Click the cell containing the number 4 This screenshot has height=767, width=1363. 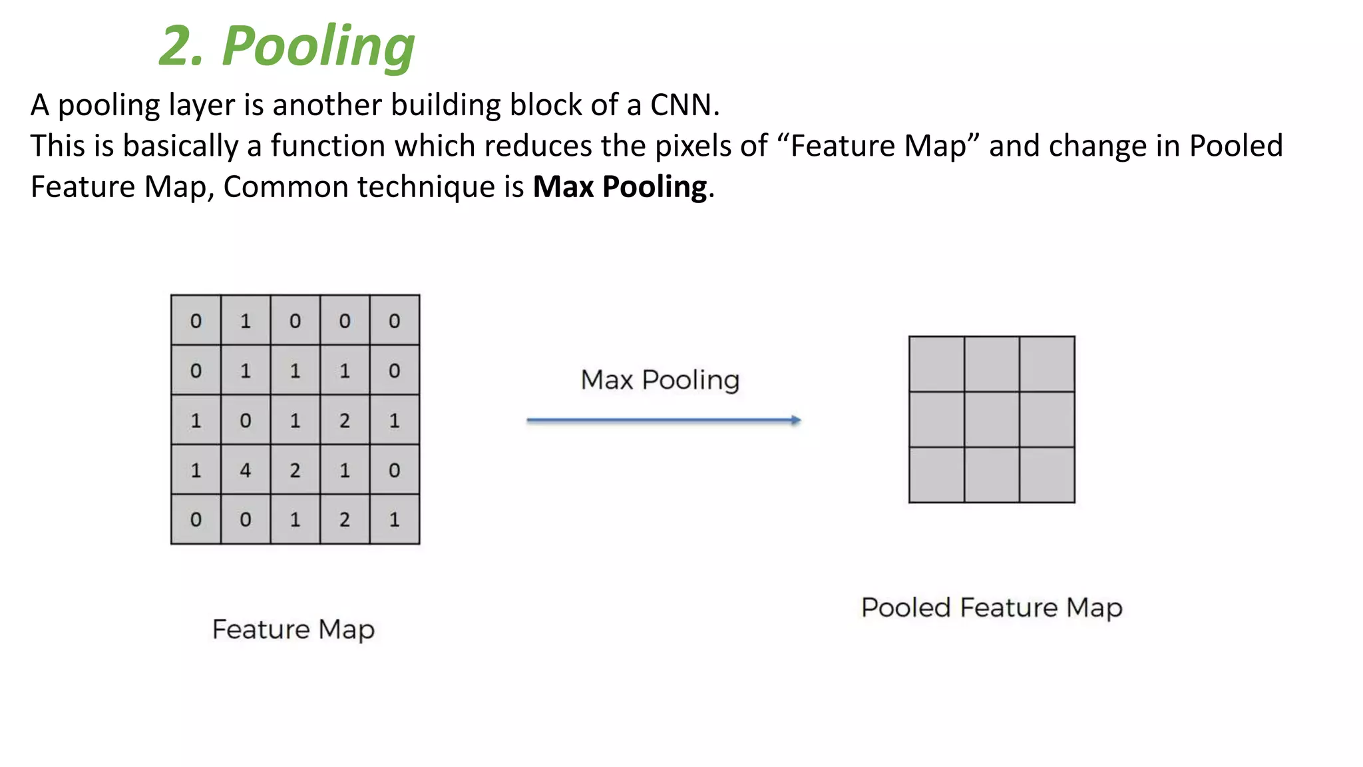point(246,470)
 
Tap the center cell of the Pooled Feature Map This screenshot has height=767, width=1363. point(992,419)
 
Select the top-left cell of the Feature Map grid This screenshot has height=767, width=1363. point(196,321)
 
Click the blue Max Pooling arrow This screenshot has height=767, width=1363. point(663,420)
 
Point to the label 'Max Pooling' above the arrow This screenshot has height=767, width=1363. point(660,380)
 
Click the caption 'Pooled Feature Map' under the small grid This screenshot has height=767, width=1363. point(992,608)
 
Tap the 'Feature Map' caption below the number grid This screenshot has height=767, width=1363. point(293,630)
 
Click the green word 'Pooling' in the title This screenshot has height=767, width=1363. point(318,47)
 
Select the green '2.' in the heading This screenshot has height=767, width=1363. point(180,47)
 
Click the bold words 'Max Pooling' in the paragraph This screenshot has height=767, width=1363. point(620,187)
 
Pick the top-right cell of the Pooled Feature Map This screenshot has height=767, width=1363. point(1047,364)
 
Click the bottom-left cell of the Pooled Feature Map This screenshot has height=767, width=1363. point(936,475)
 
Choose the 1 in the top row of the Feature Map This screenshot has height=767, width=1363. point(246,321)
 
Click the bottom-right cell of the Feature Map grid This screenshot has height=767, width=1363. point(395,519)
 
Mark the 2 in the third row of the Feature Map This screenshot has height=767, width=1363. point(345,420)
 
